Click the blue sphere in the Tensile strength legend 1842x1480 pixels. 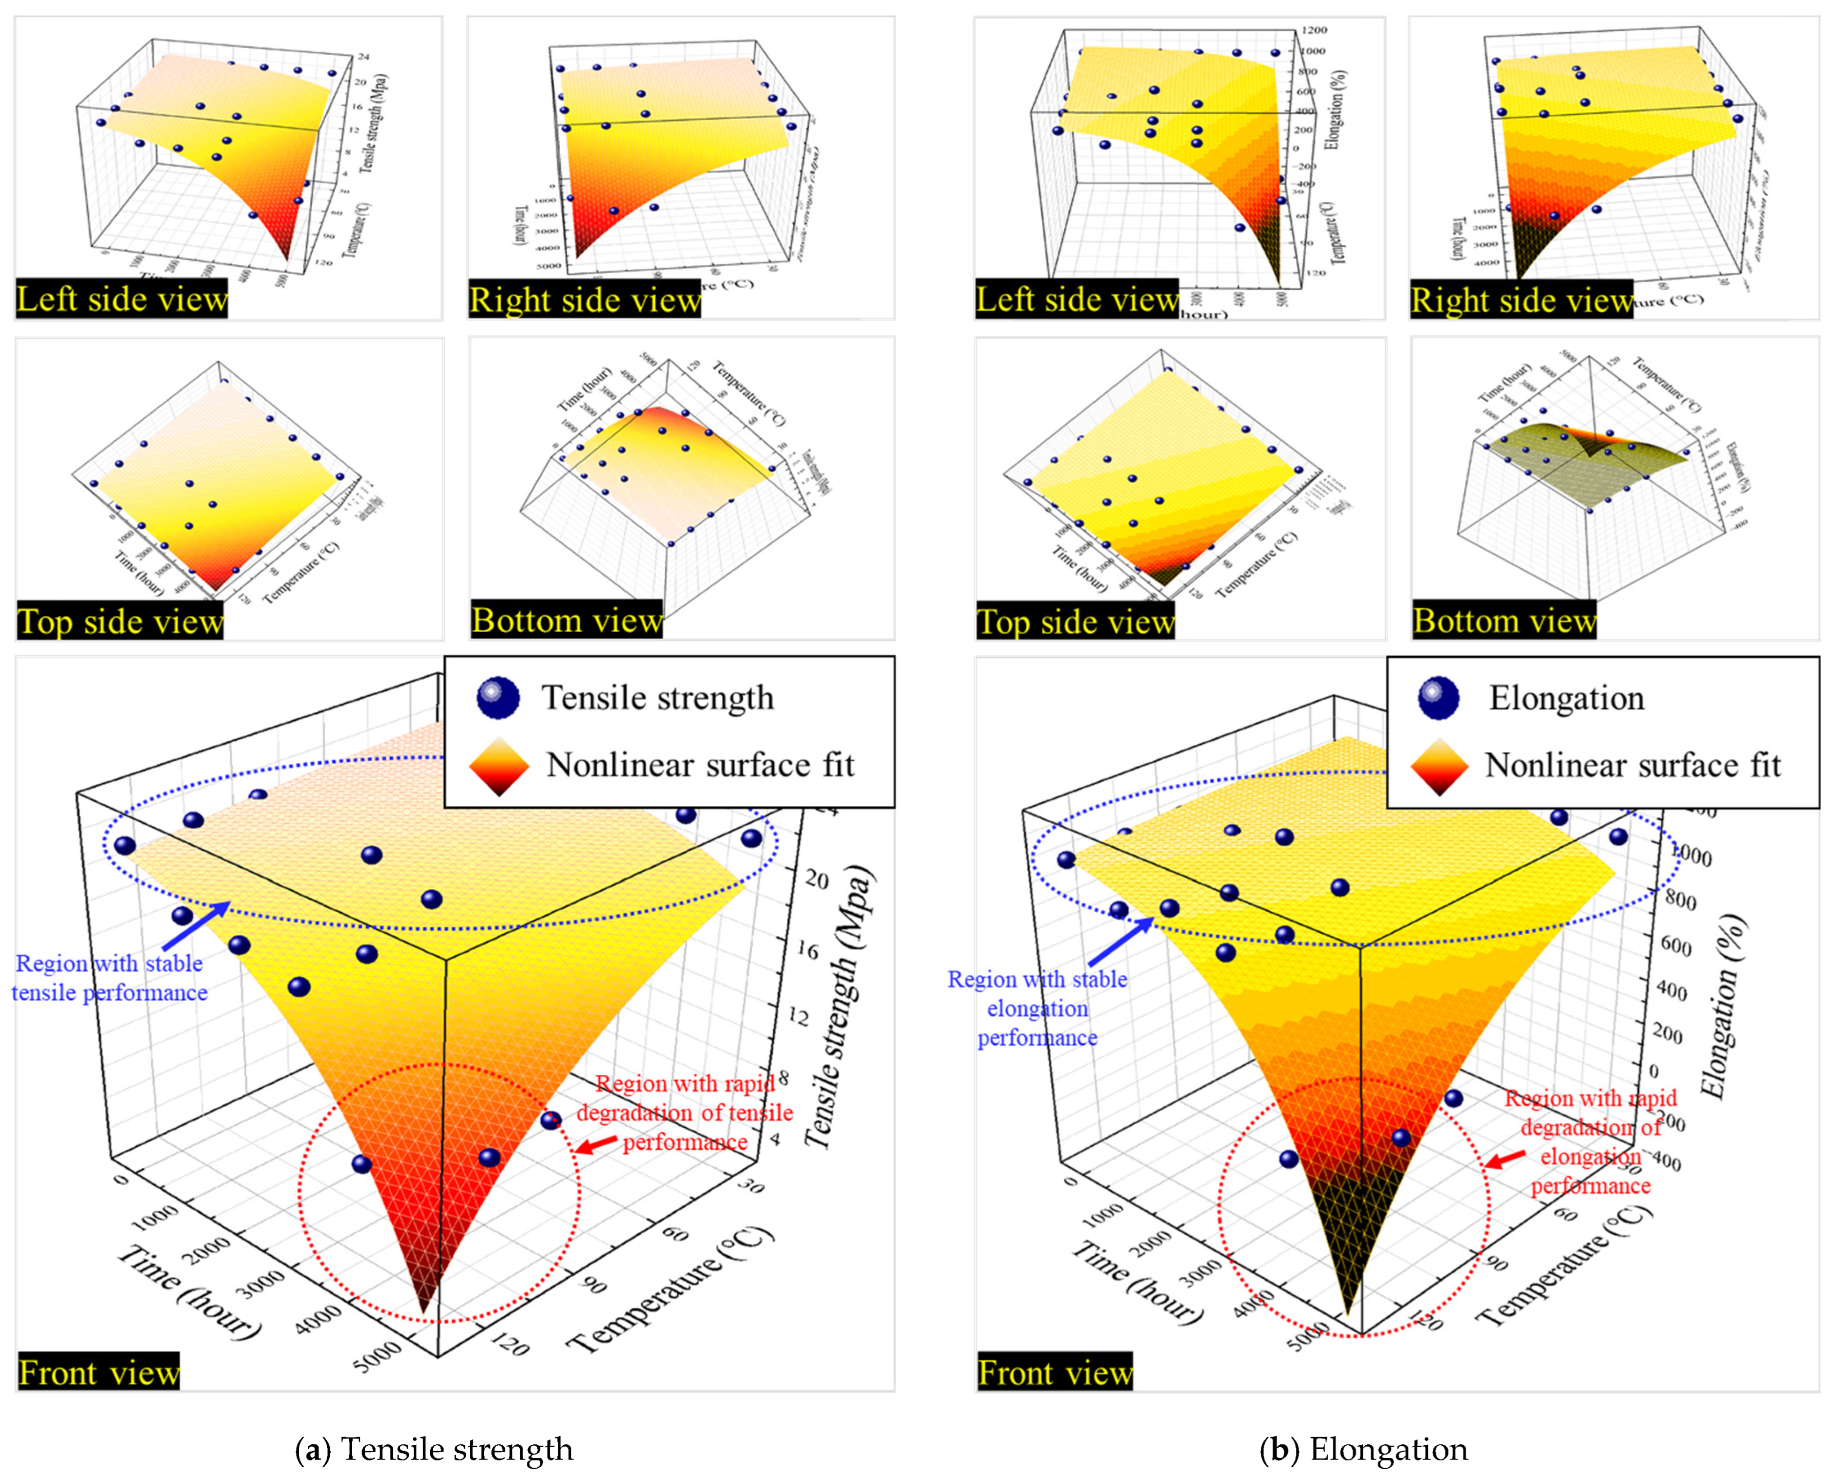click(x=498, y=697)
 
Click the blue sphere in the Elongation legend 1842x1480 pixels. click(x=1439, y=697)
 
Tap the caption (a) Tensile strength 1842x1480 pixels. click(x=435, y=1449)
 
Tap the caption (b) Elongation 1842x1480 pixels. click(x=1364, y=1449)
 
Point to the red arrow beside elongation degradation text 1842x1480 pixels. click(x=1505, y=1158)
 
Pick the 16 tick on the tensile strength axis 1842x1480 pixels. click(x=806, y=951)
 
